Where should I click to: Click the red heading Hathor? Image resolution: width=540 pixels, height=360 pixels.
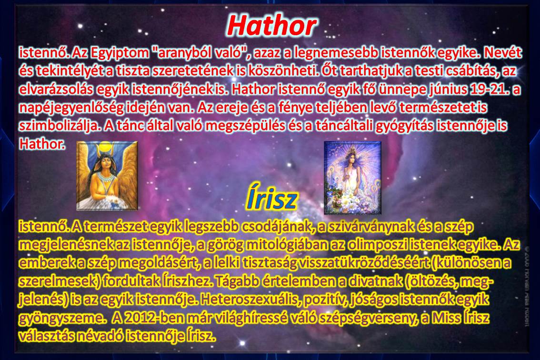[272, 26]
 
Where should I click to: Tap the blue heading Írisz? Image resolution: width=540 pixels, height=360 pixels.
[272, 200]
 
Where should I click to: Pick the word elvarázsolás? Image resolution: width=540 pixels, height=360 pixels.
[56, 89]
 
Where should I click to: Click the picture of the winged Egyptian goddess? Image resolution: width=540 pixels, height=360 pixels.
[107, 175]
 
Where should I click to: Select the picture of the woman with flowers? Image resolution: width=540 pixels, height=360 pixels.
[353, 178]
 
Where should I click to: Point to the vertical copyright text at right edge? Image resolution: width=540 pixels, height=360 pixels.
[527, 286]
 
